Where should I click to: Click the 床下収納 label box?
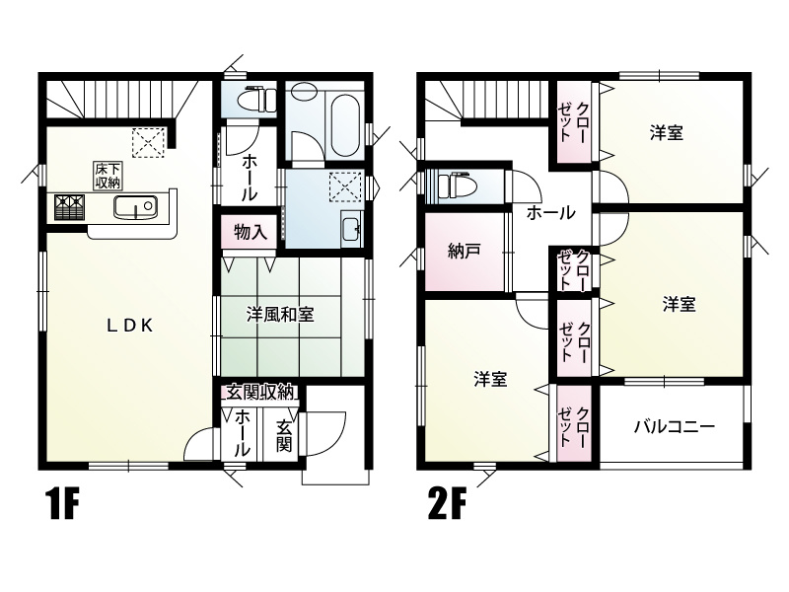tap(108, 175)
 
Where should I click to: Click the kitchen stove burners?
tap(70, 206)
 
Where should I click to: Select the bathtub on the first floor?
tap(340, 122)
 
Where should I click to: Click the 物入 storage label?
tap(250, 233)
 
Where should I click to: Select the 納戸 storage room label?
tap(464, 251)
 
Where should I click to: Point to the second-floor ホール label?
tap(552, 212)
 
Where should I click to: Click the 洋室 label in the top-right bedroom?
tap(667, 132)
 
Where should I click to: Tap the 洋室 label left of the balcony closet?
tap(490, 378)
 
